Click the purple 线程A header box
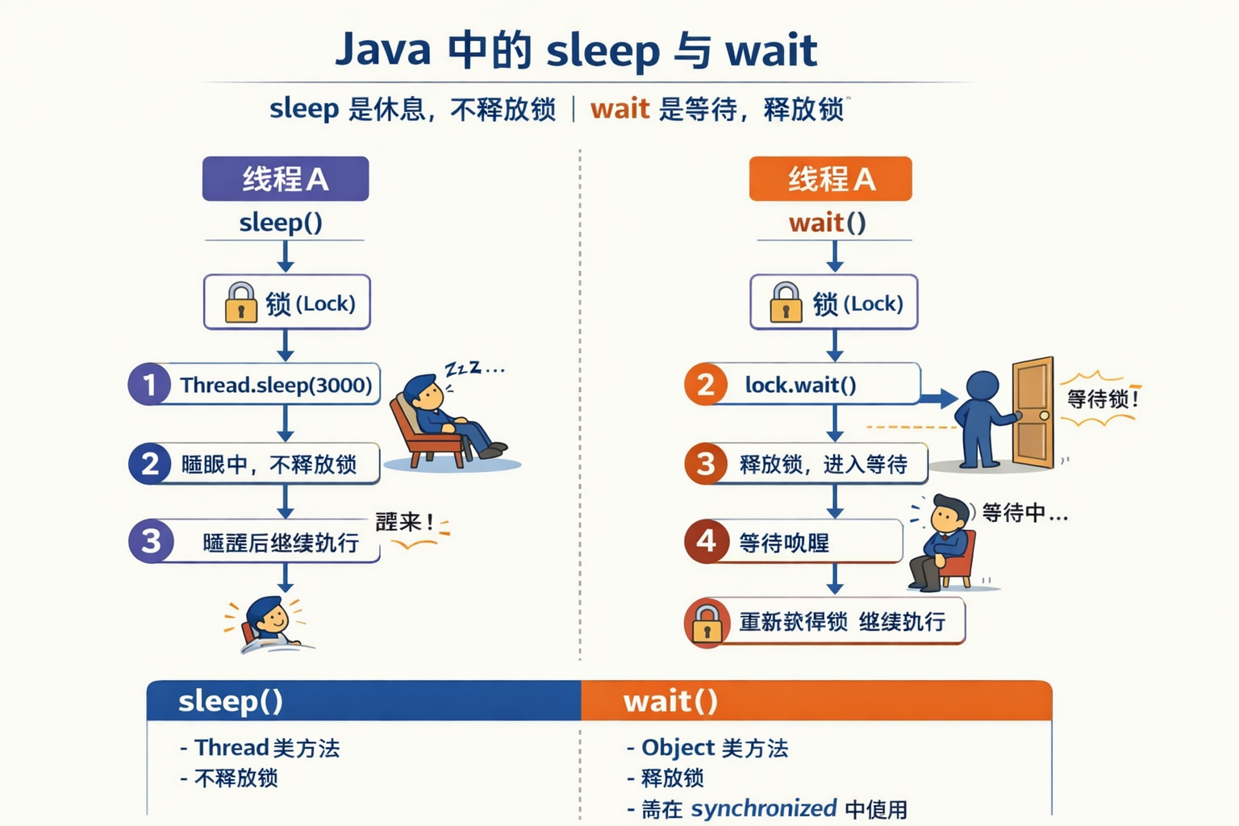285,178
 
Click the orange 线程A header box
830,178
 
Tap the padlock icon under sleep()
240,302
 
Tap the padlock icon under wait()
786,302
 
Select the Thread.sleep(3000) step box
274,385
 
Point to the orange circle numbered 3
706,464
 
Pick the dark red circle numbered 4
706,540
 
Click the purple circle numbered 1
149,385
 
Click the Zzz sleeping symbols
474,369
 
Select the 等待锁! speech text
1102,398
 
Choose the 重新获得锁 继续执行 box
839,621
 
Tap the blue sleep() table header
363,700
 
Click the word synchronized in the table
764,808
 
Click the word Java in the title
383,49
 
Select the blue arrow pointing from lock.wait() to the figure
938,398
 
